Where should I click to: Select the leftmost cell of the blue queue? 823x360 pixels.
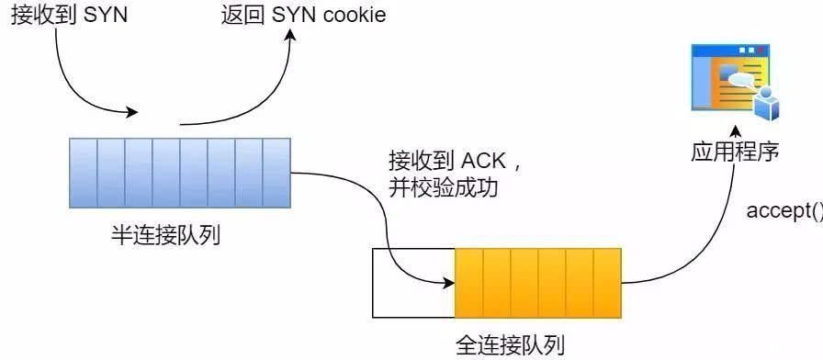[84, 173]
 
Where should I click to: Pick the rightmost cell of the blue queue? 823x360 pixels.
[276, 173]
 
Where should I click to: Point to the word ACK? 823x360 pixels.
[483, 163]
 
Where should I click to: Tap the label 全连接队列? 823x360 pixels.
[512, 345]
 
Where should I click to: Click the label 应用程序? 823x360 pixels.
[735, 152]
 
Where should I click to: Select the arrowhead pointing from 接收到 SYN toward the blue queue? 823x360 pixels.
[133, 113]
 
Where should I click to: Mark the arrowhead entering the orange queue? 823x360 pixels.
[449, 278]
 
